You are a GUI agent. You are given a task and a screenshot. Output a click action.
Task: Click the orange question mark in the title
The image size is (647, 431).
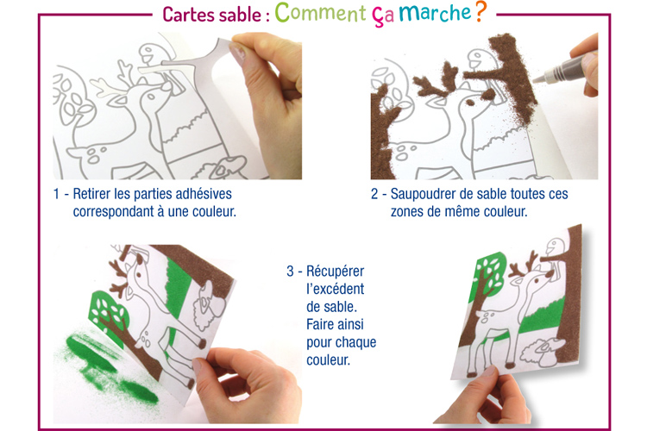481,11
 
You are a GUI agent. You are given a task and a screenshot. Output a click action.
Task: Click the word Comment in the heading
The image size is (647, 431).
320,12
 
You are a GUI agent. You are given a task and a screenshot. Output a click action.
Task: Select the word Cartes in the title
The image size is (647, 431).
190,15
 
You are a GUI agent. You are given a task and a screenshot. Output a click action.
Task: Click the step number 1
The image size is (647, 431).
57,194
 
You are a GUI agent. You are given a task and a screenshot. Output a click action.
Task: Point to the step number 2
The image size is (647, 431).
374,194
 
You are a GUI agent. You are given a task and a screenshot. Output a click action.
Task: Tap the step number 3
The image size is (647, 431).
290,272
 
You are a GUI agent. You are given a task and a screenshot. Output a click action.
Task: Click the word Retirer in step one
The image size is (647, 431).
91,194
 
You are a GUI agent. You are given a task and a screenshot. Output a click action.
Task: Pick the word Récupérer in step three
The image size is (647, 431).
335,272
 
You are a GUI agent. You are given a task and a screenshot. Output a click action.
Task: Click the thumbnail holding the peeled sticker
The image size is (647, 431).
236,53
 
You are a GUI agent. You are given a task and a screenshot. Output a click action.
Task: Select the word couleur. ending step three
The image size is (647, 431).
328,360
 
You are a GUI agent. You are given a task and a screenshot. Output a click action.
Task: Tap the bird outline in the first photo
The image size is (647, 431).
149,57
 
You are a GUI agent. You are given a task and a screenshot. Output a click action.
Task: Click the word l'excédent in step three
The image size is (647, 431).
335,289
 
